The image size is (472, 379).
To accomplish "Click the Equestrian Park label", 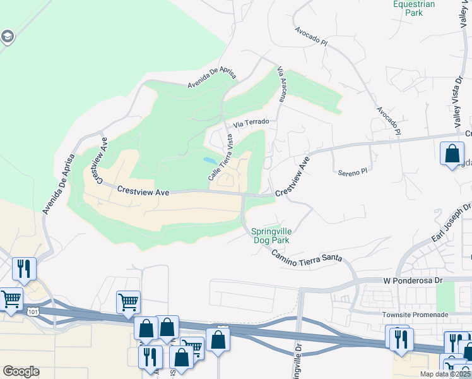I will point(414,8).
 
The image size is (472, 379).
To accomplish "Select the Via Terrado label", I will point(251,123).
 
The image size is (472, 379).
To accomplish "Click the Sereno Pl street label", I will point(352,172).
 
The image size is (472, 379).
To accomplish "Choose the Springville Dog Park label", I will point(274,236).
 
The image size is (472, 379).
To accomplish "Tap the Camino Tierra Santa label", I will point(307,255).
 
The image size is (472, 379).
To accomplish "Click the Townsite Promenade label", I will point(414,315).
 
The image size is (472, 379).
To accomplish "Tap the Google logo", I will point(21,371).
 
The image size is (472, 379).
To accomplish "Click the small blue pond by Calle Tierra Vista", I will point(208,160).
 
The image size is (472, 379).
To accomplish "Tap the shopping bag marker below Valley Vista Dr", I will point(452,154).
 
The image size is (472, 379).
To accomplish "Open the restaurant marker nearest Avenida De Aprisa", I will point(24,268).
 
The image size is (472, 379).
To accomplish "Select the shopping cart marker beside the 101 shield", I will point(12,299).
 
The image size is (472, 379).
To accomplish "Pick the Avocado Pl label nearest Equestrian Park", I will point(312,37).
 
